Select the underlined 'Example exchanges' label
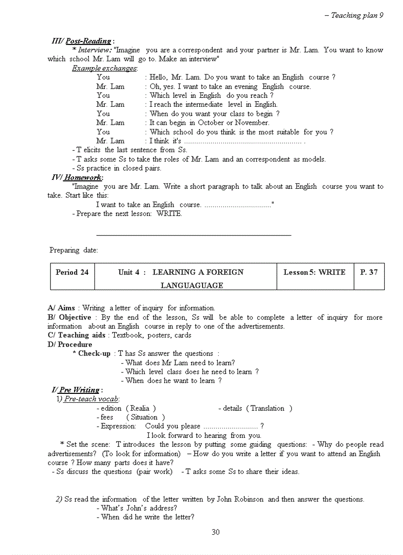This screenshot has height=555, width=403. point(104,68)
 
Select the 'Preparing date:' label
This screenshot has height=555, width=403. point(74,250)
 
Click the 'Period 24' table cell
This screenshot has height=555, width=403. point(72,272)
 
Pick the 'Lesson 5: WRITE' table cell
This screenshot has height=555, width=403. point(315,272)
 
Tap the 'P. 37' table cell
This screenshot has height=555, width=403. point(369,272)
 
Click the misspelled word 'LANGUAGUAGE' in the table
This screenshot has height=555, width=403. point(192,285)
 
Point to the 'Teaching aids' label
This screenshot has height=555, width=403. point(81,335)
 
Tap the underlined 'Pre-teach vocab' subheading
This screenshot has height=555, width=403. point(91,399)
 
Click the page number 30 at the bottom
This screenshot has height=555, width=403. point(215,532)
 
